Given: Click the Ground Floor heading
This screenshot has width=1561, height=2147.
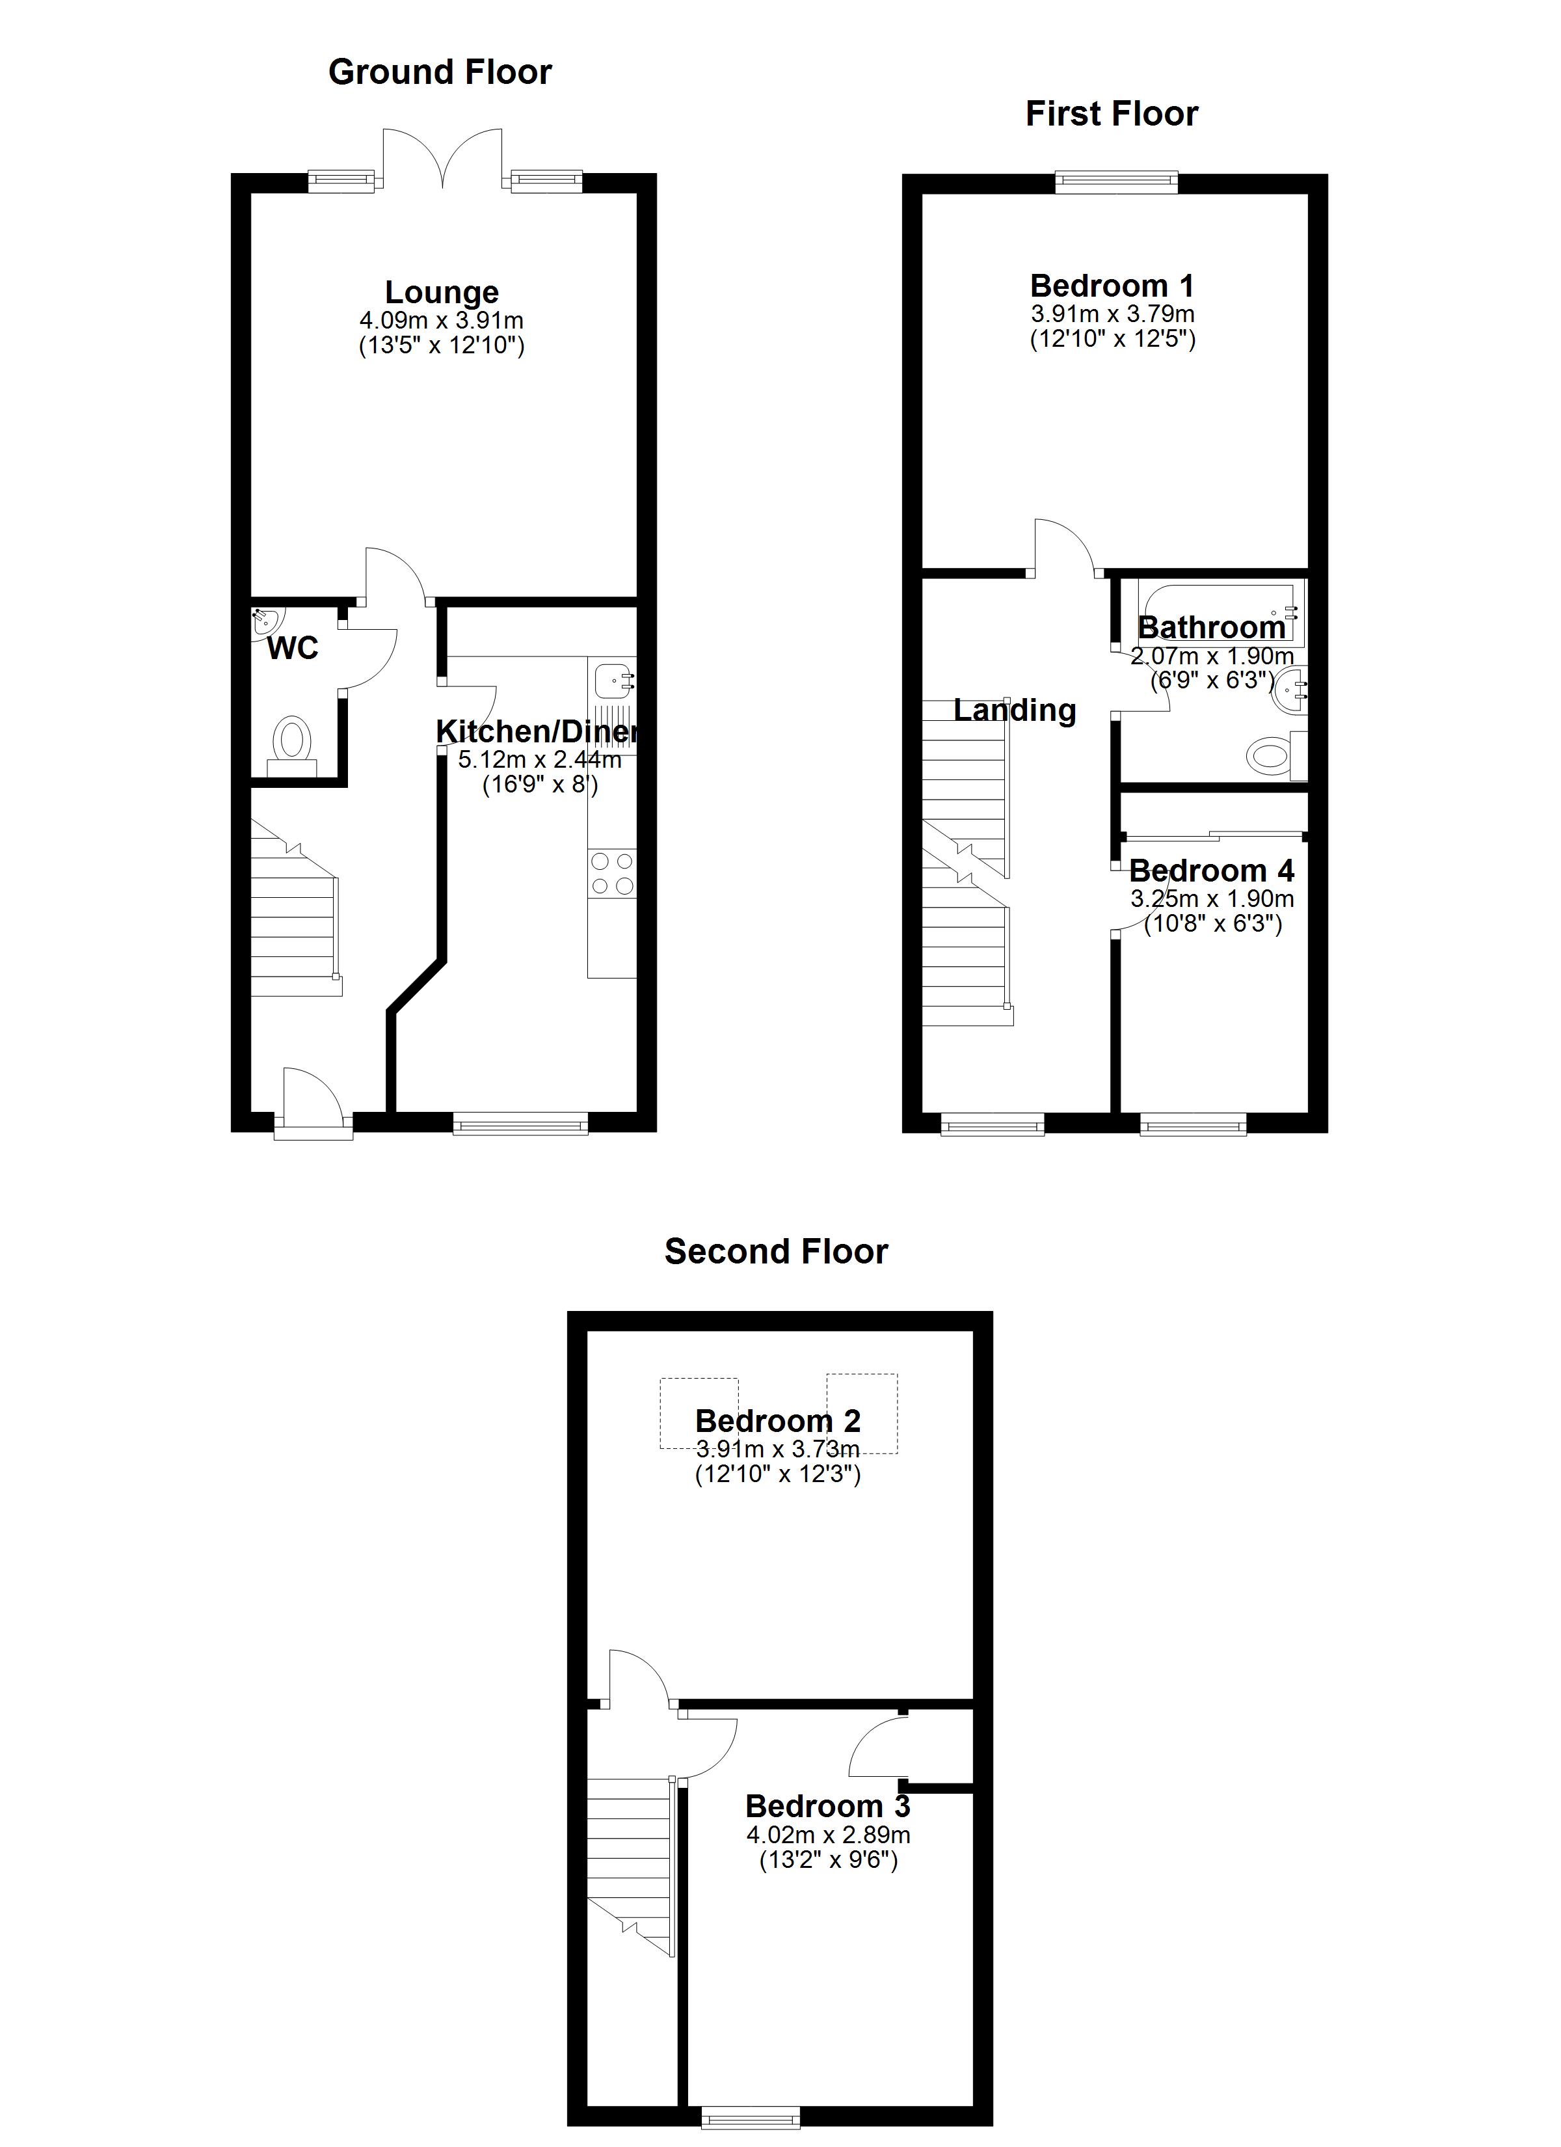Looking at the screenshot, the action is (440, 72).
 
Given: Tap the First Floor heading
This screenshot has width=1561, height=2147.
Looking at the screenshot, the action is (1112, 114).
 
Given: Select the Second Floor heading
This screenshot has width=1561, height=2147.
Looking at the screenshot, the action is (776, 1252).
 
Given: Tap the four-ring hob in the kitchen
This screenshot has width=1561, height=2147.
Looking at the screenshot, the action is (611, 874).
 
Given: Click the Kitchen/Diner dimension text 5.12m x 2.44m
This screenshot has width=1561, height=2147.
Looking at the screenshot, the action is (540, 759).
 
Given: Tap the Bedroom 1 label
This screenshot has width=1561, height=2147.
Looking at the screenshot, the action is (1112, 285).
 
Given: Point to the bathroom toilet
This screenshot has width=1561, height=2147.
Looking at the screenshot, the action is (1277, 755).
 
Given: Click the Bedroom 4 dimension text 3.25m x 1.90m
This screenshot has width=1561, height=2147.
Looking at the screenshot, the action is (1212, 898).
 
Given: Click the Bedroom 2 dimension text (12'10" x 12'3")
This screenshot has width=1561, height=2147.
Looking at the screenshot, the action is (778, 1474).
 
